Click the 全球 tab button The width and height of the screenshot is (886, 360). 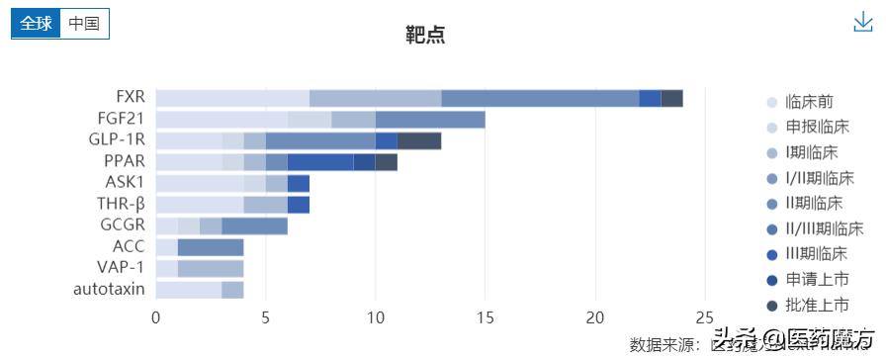(x=36, y=24)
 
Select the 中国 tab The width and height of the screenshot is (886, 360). (x=84, y=24)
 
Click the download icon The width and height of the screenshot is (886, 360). (x=863, y=23)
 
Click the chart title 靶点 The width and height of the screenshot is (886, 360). (x=425, y=35)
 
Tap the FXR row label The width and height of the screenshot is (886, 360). (x=130, y=97)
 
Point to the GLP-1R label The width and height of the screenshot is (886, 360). (x=117, y=139)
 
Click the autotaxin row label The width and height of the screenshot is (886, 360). (x=109, y=290)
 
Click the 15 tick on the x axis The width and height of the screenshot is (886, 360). (x=485, y=317)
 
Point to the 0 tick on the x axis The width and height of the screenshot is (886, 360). (x=156, y=317)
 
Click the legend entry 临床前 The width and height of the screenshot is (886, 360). (x=808, y=101)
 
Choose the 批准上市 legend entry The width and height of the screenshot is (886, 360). (x=816, y=305)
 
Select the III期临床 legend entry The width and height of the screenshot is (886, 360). (x=816, y=254)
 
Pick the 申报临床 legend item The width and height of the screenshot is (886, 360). (x=816, y=127)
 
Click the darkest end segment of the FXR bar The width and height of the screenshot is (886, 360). (x=671, y=98)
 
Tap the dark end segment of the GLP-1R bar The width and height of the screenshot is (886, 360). (x=419, y=140)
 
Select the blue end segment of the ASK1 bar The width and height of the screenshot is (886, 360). (x=298, y=183)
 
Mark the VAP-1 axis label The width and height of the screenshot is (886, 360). (x=121, y=268)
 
